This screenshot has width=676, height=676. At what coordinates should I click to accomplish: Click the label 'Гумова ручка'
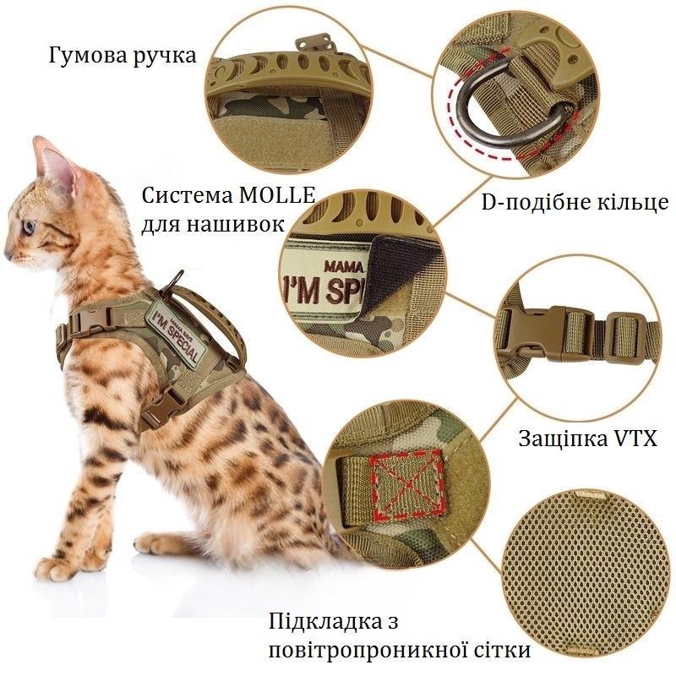(x=122, y=57)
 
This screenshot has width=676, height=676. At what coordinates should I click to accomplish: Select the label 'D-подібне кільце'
(x=575, y=203)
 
